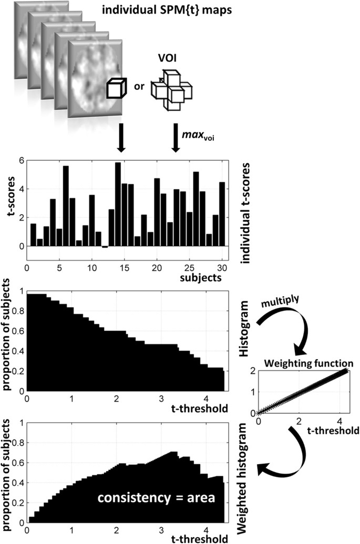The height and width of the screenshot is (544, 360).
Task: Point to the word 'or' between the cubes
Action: click(139, 87)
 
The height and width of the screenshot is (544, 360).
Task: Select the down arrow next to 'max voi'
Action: click(176, 138)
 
